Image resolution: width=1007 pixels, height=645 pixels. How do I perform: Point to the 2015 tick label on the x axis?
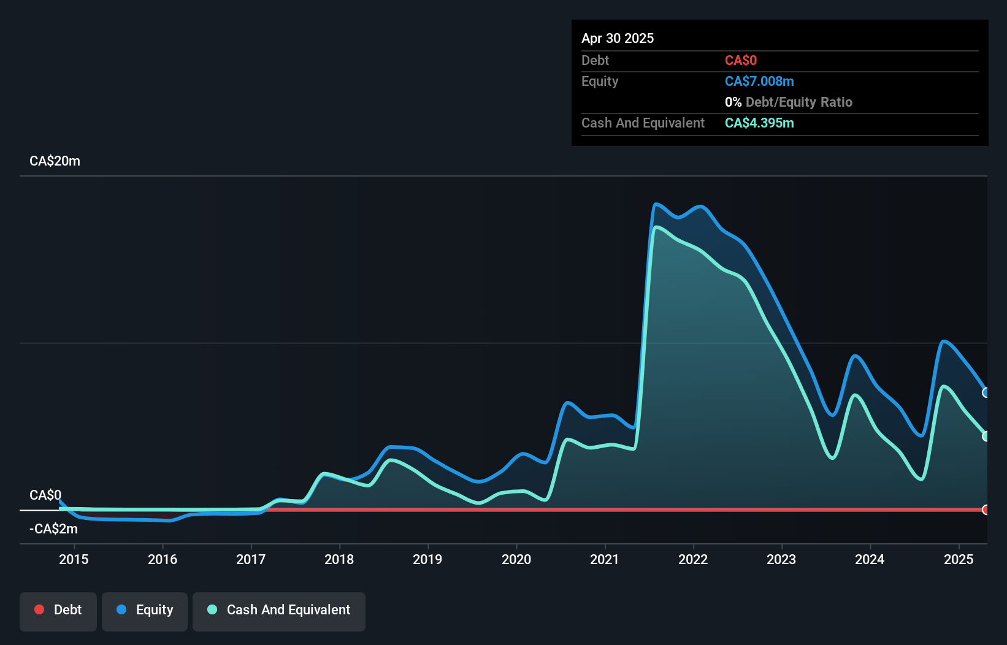(74, 559)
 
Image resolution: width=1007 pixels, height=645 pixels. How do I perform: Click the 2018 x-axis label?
(339, 559)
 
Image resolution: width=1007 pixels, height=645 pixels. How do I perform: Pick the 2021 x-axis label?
(605, 559)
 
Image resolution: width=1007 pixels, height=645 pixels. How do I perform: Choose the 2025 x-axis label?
(959, 559)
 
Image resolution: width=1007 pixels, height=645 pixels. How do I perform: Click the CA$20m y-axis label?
(55, 161)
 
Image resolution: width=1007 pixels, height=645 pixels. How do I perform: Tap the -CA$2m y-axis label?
(53, 529)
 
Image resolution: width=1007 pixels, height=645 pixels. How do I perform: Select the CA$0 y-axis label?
(45, 495)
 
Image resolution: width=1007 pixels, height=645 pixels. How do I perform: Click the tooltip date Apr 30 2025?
(618, 38)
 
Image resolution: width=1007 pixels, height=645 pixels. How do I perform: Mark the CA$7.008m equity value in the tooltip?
(759, 82)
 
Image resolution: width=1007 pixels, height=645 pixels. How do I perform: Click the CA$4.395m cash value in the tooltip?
(759, 123)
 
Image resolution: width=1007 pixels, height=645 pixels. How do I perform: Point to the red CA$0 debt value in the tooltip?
(741, 61)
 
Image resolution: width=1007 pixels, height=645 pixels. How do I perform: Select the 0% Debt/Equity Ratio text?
(789, 102)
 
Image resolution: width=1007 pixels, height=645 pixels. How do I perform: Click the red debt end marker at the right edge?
(986, 510)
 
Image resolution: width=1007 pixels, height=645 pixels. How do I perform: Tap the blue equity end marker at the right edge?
(986, 392)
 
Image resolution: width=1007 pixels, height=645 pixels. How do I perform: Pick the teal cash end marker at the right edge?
(986, 437)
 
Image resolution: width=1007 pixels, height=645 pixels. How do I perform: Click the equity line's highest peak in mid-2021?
(656, 204)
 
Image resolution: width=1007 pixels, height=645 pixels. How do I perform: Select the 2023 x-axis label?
(781, 559)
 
